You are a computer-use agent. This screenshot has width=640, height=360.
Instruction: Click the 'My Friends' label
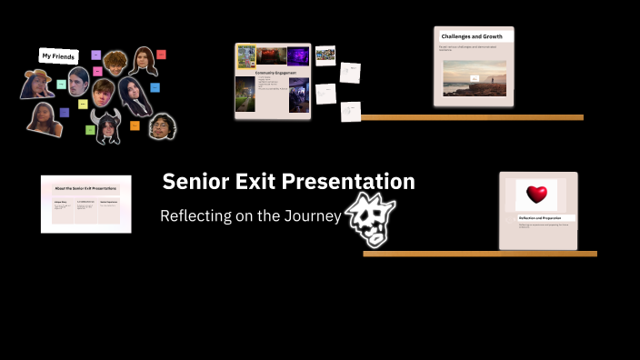click(58, 55)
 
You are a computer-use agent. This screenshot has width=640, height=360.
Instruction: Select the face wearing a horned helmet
click(107, 128)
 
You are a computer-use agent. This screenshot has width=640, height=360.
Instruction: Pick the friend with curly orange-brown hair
click(114, 62)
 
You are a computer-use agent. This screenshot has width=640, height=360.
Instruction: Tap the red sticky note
click(160, 55)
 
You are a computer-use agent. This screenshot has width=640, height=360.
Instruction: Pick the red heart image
click(536, 194)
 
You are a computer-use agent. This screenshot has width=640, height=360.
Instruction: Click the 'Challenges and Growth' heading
click(474, 35)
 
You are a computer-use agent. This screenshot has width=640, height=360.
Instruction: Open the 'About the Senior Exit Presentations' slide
click(85, 204)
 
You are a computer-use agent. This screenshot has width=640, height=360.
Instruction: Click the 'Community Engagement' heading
click(272, 73)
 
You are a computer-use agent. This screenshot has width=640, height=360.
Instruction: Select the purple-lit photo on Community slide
click(299, 55)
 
